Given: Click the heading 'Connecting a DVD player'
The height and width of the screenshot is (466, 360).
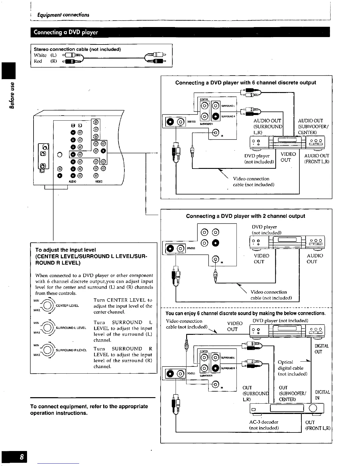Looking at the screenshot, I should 66,32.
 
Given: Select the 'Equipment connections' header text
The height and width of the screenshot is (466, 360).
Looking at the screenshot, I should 63,15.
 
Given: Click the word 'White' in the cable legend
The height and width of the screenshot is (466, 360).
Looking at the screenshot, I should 40,55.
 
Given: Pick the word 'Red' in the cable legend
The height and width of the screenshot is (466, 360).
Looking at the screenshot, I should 38,61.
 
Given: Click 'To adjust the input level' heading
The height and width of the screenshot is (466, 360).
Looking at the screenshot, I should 66,250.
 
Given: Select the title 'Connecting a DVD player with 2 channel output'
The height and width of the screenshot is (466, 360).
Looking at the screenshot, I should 246,216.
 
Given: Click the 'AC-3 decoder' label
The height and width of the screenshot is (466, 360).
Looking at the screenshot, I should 264,422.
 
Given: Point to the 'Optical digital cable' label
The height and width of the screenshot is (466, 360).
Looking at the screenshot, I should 292,368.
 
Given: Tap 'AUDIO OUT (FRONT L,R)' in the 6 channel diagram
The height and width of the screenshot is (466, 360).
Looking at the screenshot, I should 316,159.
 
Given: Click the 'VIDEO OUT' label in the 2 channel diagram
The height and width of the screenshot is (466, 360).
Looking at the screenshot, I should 261,259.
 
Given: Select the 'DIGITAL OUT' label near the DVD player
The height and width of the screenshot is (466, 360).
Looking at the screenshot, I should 321,349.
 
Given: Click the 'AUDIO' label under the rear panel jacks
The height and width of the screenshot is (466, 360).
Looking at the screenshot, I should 72,182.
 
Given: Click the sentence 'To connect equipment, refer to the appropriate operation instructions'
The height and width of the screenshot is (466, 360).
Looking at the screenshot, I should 89,410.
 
